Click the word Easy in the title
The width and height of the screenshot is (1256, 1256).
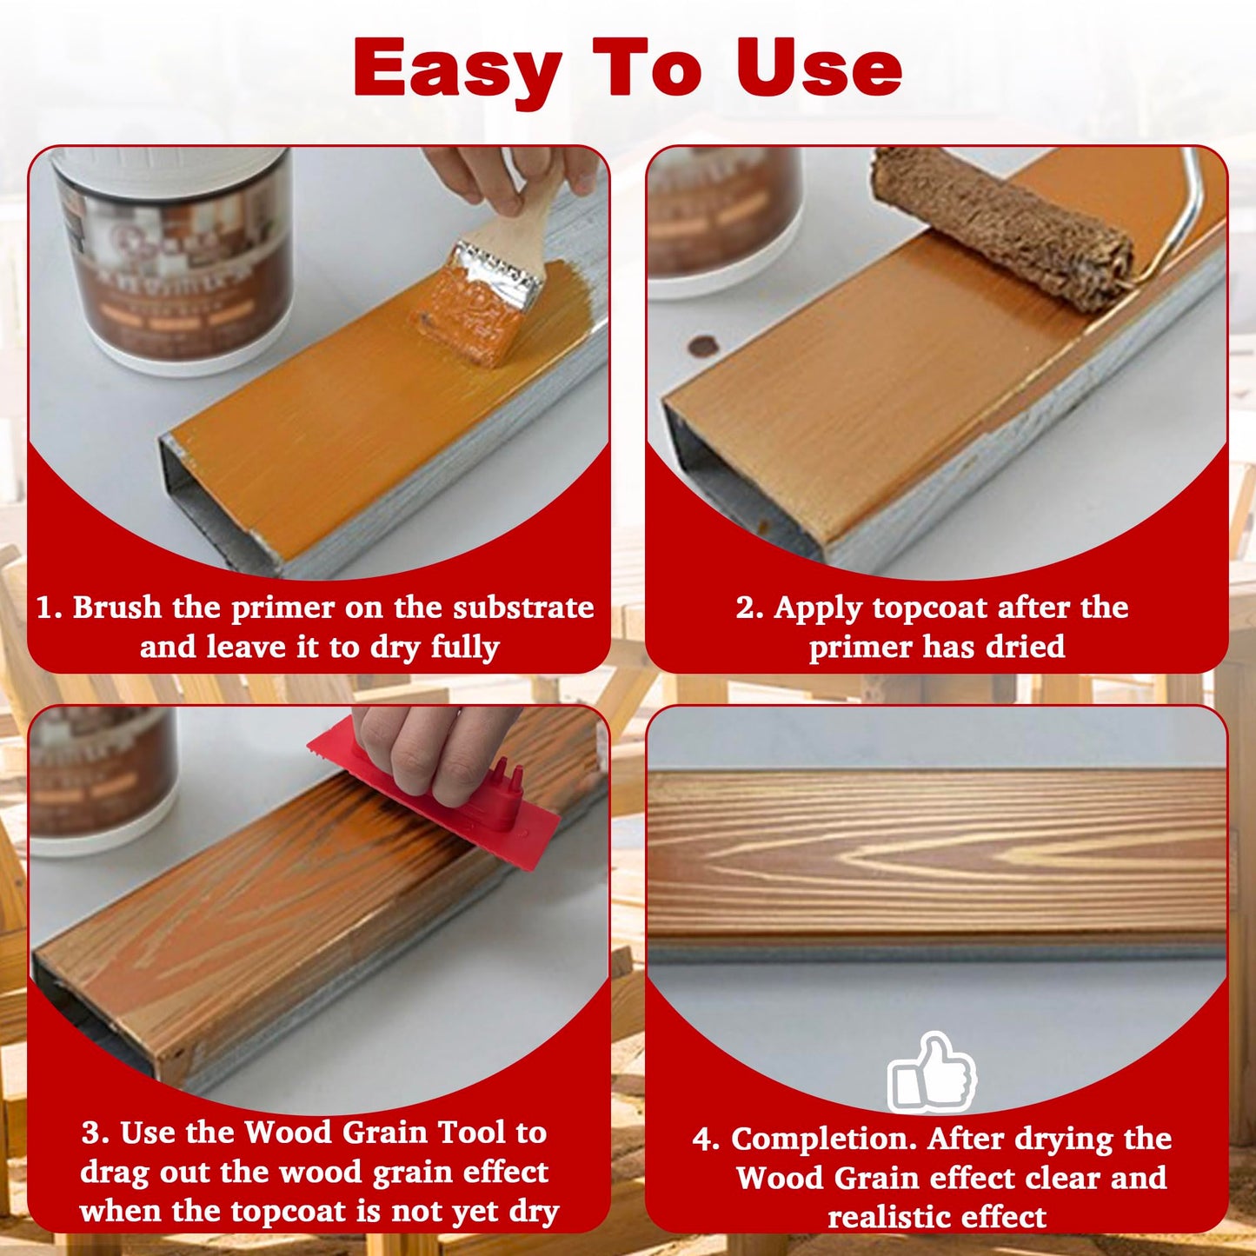coord(458,70)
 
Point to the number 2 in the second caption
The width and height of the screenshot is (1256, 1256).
coord(747,608)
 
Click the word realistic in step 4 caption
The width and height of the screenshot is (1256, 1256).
coord(886,1217)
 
